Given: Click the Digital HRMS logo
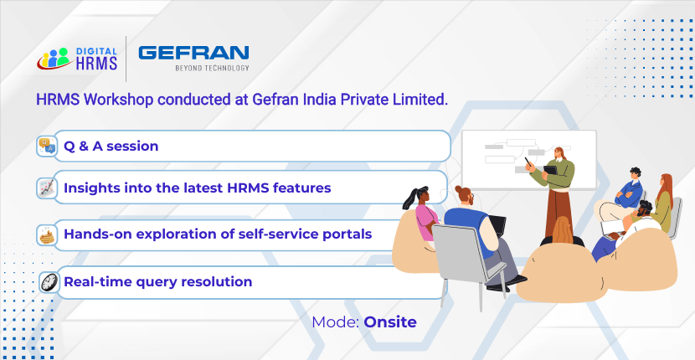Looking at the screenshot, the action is (x=77, y=59).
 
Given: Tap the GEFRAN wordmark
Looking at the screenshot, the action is (x=193, y=53).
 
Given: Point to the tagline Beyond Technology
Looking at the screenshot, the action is (x=213, y=68).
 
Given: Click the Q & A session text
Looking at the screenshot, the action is (x=111, y=146).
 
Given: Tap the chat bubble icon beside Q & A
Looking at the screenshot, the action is (x=47, y=146).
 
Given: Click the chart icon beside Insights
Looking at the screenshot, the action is (x=47, y=188).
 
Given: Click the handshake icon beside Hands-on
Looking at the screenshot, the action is (x=47, y=235).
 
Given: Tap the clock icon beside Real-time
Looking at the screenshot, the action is (x=49, y=282).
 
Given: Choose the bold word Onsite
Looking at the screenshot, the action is (x=390, y=322).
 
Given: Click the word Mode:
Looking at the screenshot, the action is (x=336, y=322).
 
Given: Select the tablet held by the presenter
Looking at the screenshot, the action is (x=550, y=170).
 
